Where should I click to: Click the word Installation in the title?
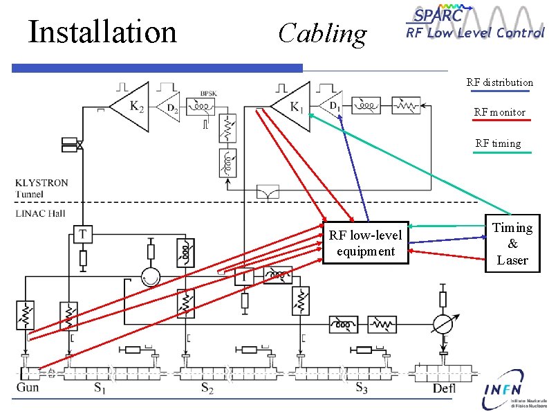(x=102, y=31)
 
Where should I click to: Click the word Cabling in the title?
(x=322, y=33)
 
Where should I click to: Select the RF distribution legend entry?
(x=499, y=82)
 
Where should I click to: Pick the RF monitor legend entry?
(x=499, y=112)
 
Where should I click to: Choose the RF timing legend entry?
(x=498, y=143)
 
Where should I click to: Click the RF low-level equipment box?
(x=365, y=243)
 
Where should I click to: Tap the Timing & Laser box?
(x=512, y=244)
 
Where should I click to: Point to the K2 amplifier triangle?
(x=131, y=107)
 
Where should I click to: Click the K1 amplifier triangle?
(x=292, y=106)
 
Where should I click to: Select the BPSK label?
(x=209, y=93)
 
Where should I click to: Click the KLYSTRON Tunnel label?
(x=41, y=188)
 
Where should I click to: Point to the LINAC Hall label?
(x=40, y=213)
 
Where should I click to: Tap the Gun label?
(x=27, y=388)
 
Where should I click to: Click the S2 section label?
(x=208, y=388)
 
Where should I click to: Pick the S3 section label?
(x=362, y=388)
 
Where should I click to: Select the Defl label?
(x=444, y=388)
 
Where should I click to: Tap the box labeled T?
(x=82, y=234)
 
